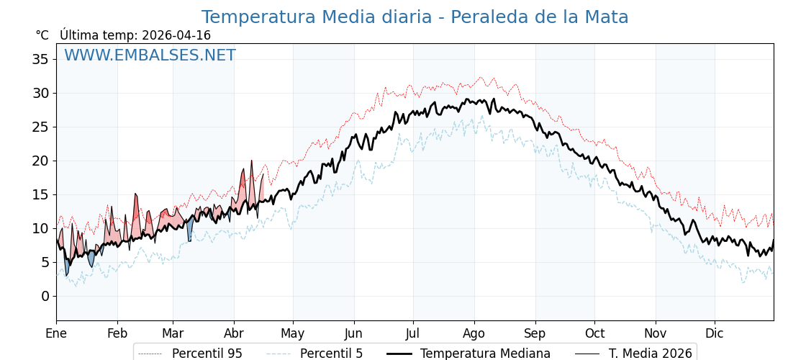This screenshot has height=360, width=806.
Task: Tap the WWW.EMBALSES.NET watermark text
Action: [150, 55]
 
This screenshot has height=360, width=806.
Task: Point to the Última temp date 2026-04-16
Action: [176, 35]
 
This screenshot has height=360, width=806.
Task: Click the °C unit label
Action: [42, 35]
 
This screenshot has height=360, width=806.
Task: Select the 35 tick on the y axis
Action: [40, 59]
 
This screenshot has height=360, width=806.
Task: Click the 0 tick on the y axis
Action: [45, 296]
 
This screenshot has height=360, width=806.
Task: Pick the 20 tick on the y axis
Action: [40, 161]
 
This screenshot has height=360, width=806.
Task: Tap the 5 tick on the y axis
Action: [45, 262]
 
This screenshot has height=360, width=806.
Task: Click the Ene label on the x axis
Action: [56, 333]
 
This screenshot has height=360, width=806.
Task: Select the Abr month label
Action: [234, 333]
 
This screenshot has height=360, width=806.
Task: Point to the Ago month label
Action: [474, 333]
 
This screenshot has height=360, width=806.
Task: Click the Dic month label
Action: [715, 333]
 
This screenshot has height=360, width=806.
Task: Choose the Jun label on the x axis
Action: [353, 333]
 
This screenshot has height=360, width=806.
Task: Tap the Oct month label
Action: [594, 333]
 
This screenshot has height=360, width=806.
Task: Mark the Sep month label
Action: [535, 333]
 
